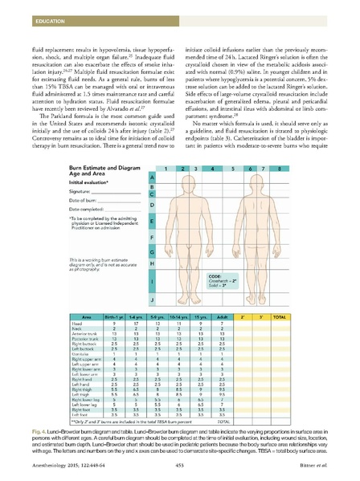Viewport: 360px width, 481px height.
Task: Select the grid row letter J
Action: coord(153,299)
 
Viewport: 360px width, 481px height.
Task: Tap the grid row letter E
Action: coord(153,219)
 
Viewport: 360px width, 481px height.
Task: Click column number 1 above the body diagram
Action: coord(167,169)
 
